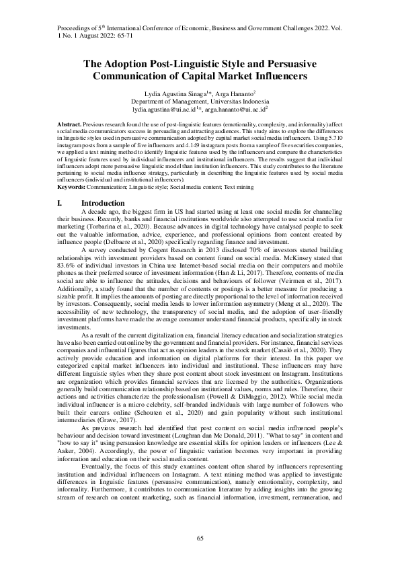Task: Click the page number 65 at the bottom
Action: tap(200, 538)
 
